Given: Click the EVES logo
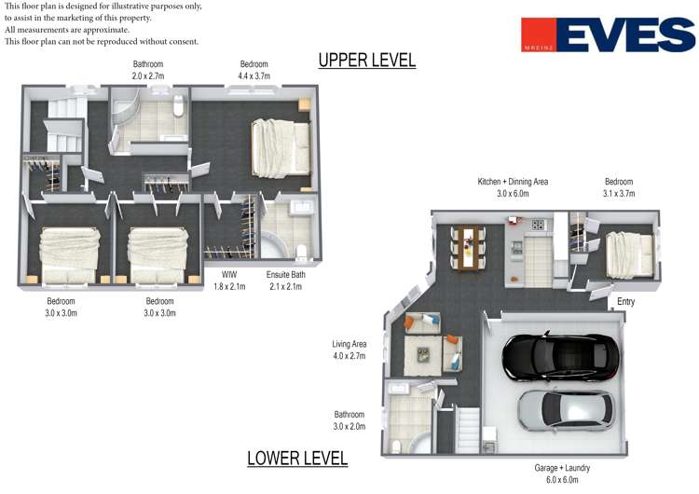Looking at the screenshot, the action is pos(608,34).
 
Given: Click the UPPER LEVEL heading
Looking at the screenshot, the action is pos(367,61).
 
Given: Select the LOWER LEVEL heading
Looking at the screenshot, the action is pos(297,459).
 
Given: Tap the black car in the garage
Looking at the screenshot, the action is pos(560,356).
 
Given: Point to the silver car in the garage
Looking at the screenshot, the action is pos(566,411).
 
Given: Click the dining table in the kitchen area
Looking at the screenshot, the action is pos(468,248).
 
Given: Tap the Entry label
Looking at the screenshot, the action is pos(625,302).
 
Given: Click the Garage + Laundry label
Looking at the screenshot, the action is pos(562,468).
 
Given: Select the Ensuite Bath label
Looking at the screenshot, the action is pos(286,275).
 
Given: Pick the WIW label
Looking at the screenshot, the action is pos(229,275).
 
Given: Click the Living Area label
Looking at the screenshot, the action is pos(349,344).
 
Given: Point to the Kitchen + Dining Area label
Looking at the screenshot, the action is pos(513,182).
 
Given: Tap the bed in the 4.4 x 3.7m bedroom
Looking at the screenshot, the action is pos(281,148).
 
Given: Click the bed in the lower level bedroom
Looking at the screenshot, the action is pos(629,255).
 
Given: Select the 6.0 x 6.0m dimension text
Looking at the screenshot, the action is pos(562,480).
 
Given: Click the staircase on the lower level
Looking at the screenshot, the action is pos(467,431).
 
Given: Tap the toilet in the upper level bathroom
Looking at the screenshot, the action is pos(178,105).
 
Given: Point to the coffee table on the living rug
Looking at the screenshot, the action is pos(423,355).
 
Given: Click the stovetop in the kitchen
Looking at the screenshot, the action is pos(538,226).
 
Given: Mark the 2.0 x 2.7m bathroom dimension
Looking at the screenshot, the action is pos(148,76).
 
